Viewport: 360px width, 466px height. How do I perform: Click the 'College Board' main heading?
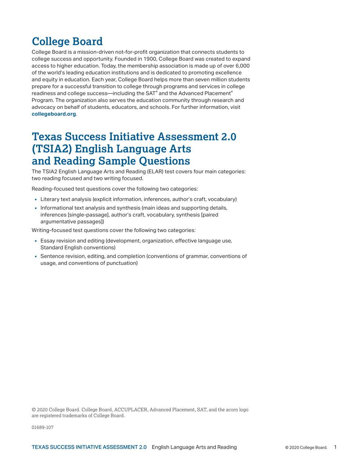[67, 42]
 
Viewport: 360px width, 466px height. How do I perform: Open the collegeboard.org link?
[54, 114]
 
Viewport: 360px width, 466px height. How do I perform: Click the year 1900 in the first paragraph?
[150, 59]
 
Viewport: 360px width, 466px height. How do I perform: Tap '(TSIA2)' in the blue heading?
[52, 149]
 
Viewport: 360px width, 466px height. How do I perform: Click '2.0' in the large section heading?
[229, 137]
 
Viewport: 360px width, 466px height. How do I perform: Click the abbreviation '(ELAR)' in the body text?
[155, 172]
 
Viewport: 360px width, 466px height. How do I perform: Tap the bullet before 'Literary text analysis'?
[36, 200]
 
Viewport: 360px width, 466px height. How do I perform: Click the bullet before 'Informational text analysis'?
[36, 208]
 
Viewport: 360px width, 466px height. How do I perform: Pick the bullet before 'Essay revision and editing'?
[36, 241]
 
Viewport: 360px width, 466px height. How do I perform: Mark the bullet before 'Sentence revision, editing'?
[36, 257]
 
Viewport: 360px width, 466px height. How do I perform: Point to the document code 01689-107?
[43, 427]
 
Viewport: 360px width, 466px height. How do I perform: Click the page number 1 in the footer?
[335, 447]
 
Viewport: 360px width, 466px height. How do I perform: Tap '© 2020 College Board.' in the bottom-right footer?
[306, 448]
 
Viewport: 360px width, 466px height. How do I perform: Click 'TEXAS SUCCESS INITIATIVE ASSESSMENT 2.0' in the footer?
[89, 447]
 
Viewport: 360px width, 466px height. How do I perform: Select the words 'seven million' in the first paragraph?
[213, 80]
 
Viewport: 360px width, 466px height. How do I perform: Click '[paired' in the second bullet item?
[210, 215]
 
